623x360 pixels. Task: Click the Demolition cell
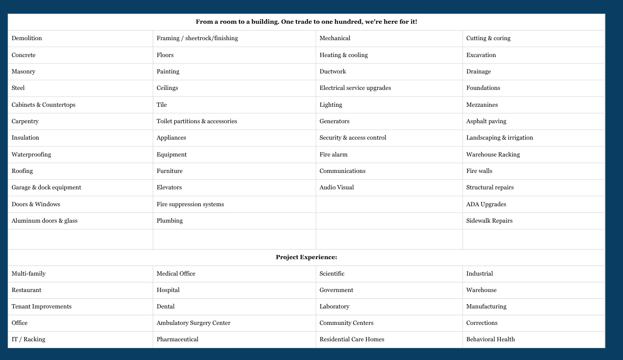(x=27, y=38)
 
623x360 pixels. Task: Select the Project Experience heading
(x=306, y=257)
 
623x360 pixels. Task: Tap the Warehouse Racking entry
(x=493, y=155)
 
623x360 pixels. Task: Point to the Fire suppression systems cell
(x=190, y=204)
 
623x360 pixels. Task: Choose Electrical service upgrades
(x=355, y=88)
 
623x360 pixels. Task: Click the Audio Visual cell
(x=337, y=188)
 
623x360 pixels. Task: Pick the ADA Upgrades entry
(x=486, y=204)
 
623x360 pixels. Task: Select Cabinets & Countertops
(x=44, y=105)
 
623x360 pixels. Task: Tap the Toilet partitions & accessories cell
(x=197, y=121)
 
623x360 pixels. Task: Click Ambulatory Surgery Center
(x=193, y=323)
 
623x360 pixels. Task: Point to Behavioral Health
(x=490, y=339)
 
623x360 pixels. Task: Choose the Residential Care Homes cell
(x=352, y=339)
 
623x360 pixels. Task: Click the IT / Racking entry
(x=28, y=339)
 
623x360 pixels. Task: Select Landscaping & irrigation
(x=499, y=138)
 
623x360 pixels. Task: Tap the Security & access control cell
(x=353, y=138)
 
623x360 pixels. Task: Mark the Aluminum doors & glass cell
(x=45, y=221)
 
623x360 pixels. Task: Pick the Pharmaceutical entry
(x=177, y=339)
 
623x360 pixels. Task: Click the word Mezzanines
(x=482, y=105)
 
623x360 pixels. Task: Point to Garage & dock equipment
(x=47, y=188)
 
